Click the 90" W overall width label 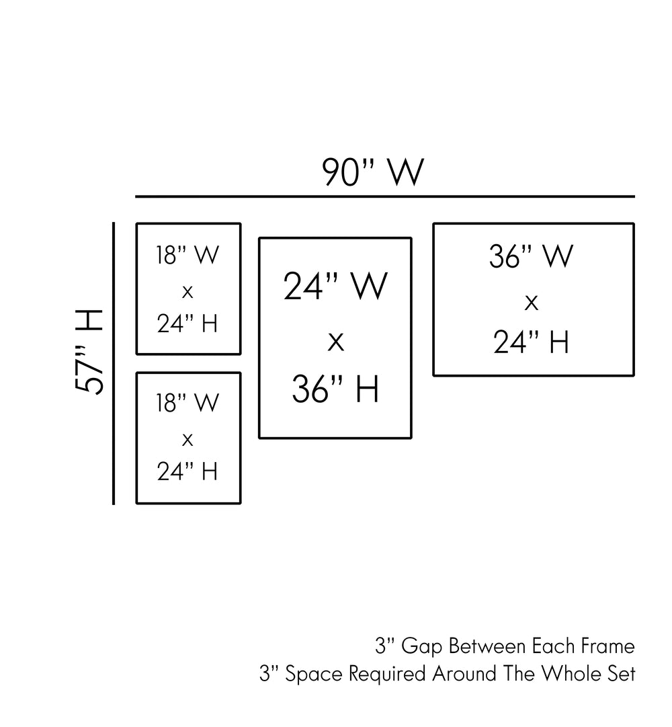373,173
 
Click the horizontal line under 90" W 384,197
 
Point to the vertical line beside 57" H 114,363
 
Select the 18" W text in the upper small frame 188,256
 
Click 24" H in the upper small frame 188,324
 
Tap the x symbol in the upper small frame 188,292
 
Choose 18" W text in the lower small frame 188,404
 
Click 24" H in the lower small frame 188,471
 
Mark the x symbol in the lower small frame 188,440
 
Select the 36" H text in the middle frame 335,389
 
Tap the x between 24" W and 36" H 335,342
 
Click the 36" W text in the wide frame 532,257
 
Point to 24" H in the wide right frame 532,342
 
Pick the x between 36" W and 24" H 532,303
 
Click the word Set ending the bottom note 621,674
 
